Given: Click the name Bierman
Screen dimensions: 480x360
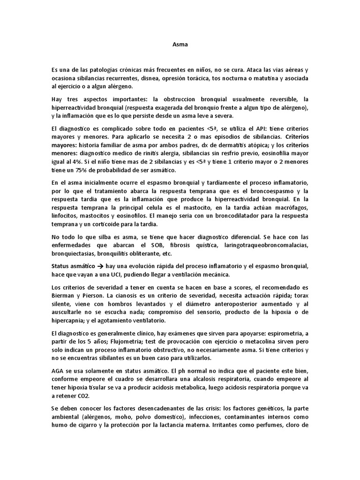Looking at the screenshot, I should (x=63, y=297).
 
